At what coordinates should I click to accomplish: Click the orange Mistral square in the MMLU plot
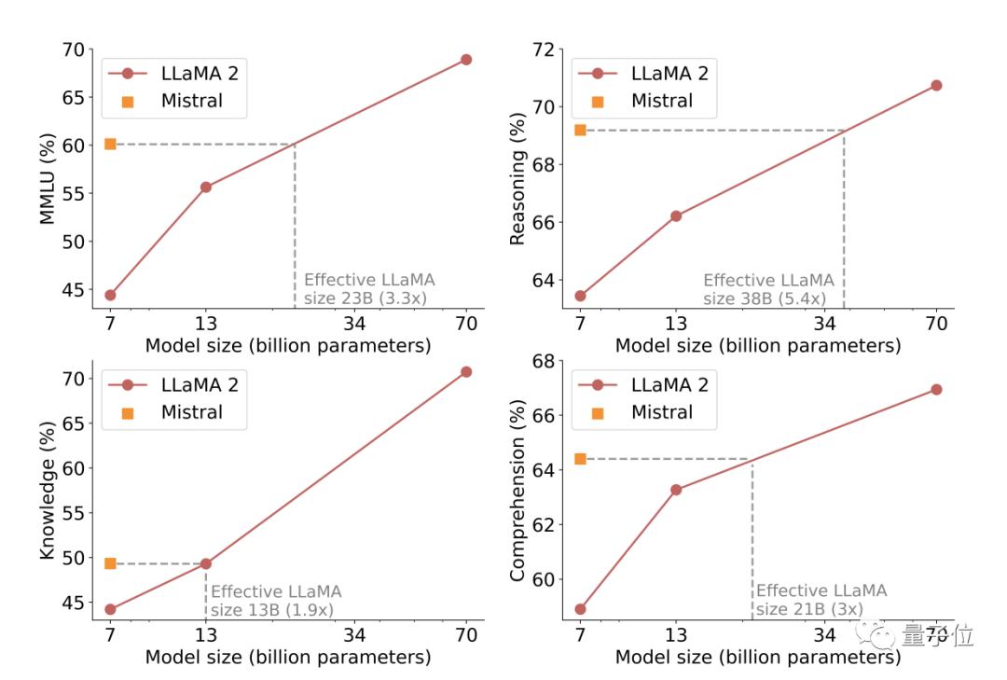point(110,144)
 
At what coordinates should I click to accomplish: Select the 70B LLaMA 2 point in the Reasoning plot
point(936,85)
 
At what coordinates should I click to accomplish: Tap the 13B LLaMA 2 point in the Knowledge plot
point(206,563)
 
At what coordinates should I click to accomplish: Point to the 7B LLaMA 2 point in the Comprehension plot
point(580,609)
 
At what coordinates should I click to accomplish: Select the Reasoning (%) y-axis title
point(518,178)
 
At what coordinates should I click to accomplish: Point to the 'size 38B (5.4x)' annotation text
point(764,298)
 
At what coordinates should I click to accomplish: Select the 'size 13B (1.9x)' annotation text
point(272,611)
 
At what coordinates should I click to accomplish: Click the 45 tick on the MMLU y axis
point(74,289)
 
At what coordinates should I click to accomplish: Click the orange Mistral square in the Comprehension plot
point(580,458)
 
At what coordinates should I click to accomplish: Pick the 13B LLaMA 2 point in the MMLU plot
point(206,187)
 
